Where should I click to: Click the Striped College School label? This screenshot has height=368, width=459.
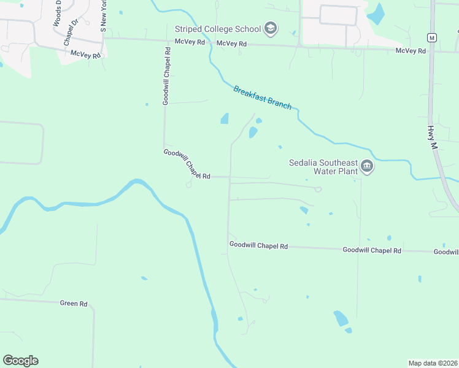(218, 29)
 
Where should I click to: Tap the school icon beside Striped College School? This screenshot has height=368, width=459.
(270, 28)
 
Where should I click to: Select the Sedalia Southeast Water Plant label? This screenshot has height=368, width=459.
(323, 167)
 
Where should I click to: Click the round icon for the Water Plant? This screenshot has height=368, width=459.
(366, 166)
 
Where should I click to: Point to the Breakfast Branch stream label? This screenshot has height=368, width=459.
(262, 98)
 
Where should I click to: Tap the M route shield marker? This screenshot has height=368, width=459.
(432, 37)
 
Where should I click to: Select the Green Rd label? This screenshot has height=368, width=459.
(74, 304)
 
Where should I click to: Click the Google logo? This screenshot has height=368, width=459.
(20, 361)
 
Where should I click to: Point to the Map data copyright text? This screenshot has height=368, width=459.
(433, 363)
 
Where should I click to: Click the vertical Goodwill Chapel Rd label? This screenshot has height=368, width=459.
(166, 75)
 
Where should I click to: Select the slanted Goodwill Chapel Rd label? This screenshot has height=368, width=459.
(187, 164)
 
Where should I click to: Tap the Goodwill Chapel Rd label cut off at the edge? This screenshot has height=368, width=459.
(446, 252)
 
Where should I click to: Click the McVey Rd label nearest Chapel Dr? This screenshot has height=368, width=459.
(85, 54)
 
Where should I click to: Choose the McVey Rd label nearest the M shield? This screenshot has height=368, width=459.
(411, 51)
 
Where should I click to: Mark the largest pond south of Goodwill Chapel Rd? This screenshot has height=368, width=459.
(341, 318)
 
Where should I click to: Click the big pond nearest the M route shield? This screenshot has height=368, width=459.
(376, 13)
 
